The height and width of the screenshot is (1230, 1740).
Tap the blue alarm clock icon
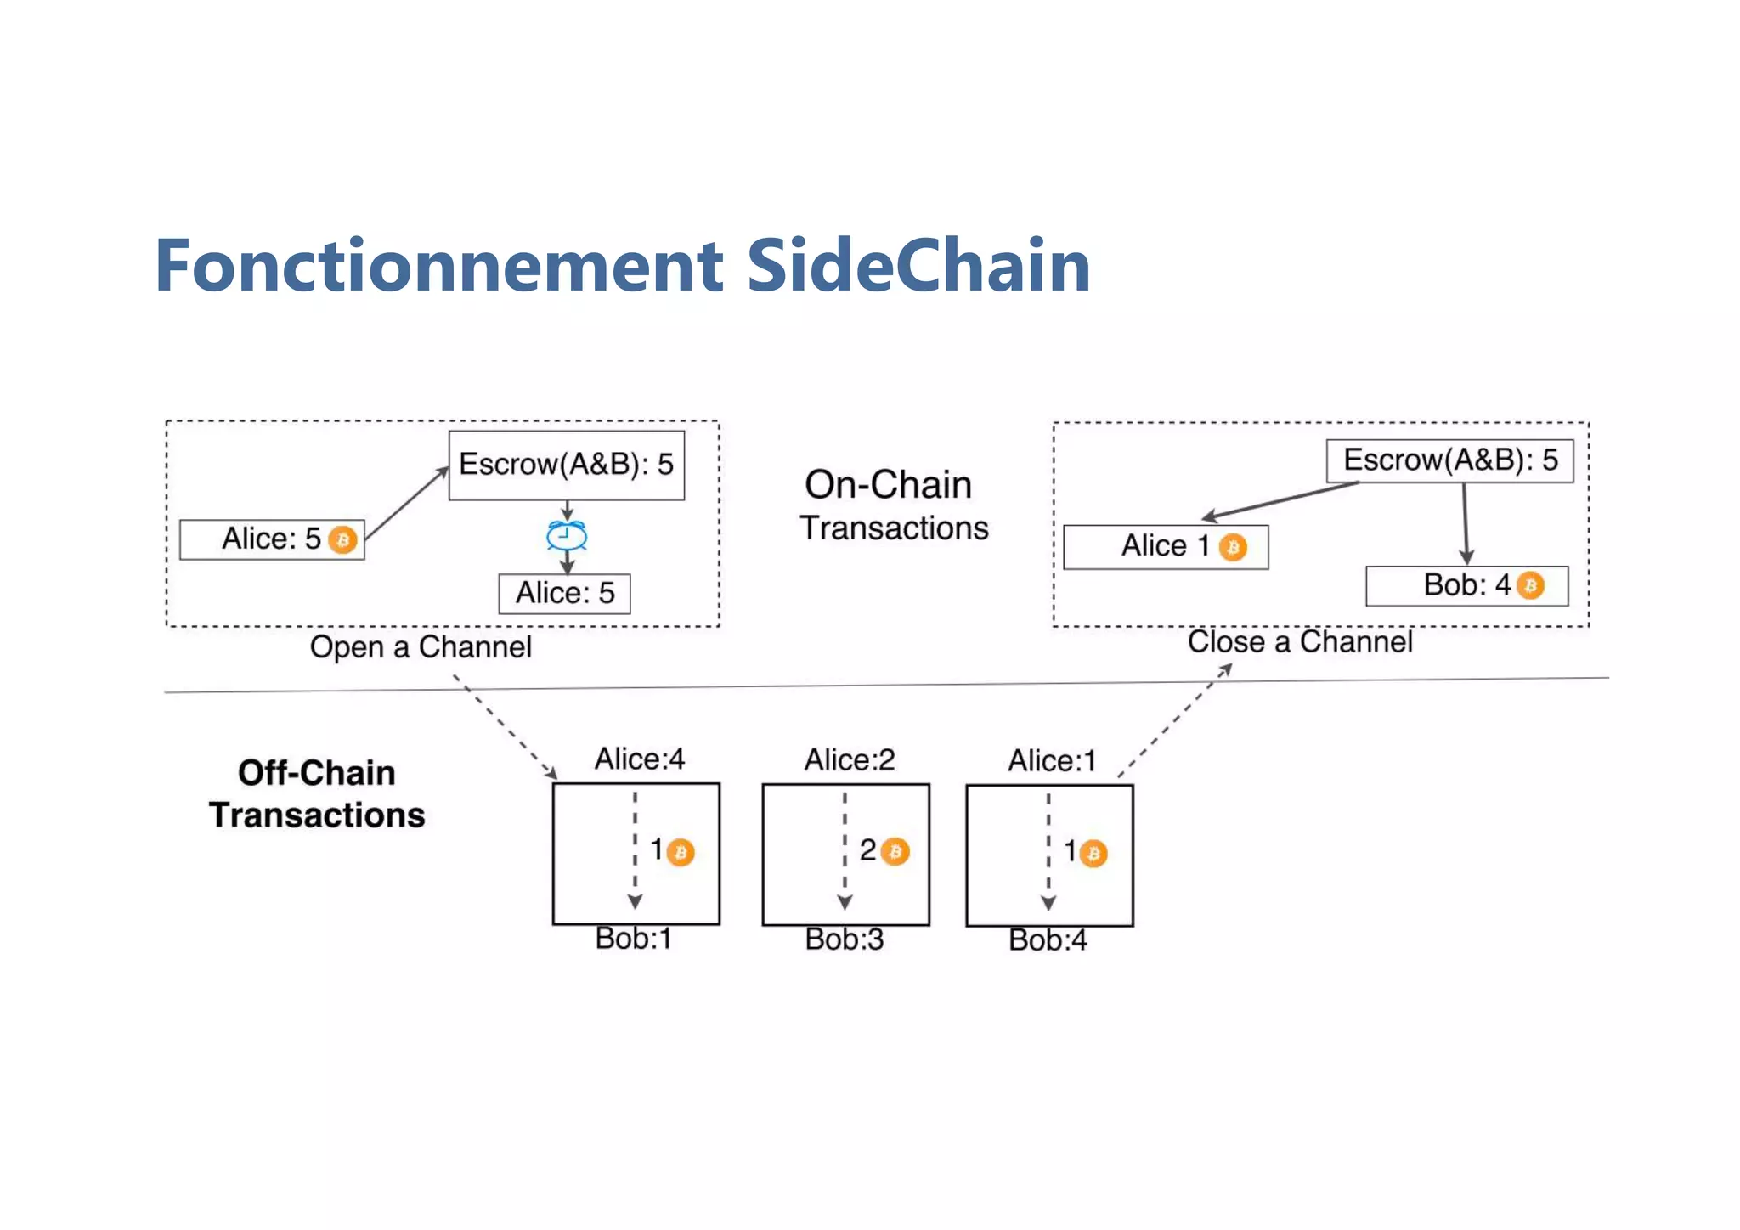click(567, 536)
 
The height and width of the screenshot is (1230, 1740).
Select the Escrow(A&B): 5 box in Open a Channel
click(567, 465)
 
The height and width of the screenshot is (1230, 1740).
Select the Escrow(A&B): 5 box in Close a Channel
click(1449, 460)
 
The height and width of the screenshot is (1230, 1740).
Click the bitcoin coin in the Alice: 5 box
click(342, 539)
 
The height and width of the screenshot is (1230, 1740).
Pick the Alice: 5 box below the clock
click(564, 593)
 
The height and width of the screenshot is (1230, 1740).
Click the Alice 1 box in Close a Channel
click(1165, 546)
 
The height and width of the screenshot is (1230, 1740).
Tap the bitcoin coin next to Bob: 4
click(1530, 585)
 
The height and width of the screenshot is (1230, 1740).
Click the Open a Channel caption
click(421, 647)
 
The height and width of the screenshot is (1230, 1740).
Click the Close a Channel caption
click(1300, 642)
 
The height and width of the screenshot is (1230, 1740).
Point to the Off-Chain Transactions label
click(317, 793)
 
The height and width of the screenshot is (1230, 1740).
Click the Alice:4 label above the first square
click(639, 759)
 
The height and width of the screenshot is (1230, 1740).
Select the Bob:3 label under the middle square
click(845, 939)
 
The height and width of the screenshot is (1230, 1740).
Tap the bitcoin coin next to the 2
click(895, 851)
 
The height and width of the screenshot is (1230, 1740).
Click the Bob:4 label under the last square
click(1048, 940)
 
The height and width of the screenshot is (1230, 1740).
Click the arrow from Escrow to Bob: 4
click(1465, 522)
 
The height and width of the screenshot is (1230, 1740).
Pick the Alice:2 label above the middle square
click(850, 759)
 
